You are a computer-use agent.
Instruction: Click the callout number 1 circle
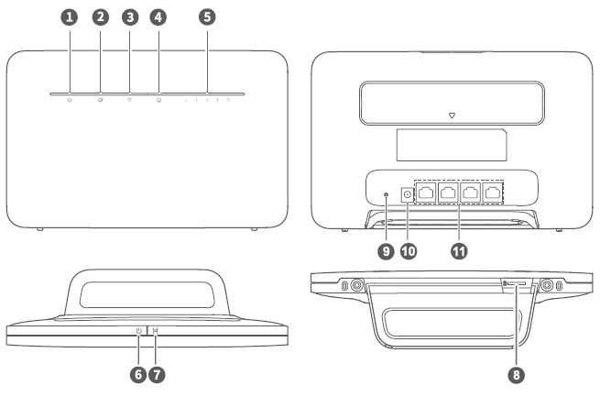click(x=70, y=17)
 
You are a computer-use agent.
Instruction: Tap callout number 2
click(x=101, y=17)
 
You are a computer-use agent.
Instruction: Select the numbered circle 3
click(x=130, y=17)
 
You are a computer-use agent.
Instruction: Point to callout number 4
click(x=158, y=17)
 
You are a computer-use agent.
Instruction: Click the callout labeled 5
click(x=207, y=17)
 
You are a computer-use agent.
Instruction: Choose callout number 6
click(x=138, y=374)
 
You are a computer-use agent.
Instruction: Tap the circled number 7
click(x=157, y=374)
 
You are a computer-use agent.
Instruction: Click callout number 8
click(x=517, y=374)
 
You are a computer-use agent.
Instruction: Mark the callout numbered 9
click(x=386, y=251)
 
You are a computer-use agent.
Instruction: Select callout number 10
click(x=409, y=251)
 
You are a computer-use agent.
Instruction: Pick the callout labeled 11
click(x=459, y=251)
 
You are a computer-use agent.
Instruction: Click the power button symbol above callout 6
click(x=138, y=330)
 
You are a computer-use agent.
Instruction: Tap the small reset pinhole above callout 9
click(x=386, y=195)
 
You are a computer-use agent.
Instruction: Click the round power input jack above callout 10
click(x=407, y=195)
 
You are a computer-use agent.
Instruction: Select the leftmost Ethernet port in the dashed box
click(x=426, y=193)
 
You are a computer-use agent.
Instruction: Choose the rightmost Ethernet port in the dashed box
click(x=493, y=193)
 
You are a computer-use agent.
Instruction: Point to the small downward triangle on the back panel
click(x=452, y=116)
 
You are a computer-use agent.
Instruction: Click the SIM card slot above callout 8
click(x=517, y=283)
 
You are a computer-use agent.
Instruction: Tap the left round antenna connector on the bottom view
click(x=357, y=285)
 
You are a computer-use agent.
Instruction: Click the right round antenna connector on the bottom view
click(x=547, y=285)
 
